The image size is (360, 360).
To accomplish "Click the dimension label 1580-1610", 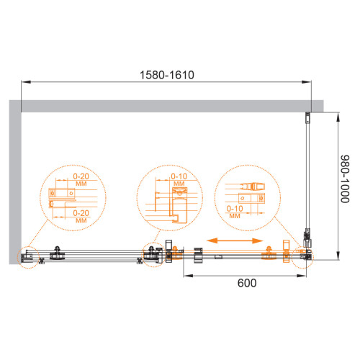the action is [167, 75].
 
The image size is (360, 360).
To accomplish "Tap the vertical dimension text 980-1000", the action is [345, 179].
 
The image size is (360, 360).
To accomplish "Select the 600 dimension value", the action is [247, 283].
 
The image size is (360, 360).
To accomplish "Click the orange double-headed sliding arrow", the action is [235, 240].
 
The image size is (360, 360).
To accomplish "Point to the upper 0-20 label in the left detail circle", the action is [81, 176].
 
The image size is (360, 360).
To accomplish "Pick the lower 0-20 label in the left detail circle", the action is [81, 213].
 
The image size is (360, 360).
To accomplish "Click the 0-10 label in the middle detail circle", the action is [179, 176].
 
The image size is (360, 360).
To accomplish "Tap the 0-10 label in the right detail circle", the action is [235, 209].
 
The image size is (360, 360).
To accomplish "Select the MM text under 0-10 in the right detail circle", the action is [235, 216].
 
